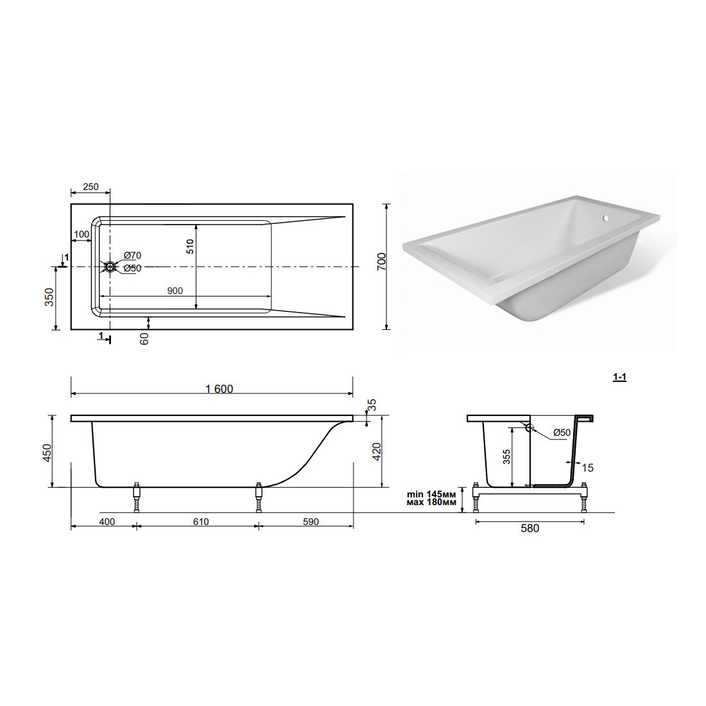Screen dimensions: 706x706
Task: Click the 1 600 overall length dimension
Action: (220, 388)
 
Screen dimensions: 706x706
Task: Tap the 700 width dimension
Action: (381, 262)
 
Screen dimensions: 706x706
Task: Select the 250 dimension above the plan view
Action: (90, 186)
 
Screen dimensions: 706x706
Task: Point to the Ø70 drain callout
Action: (132, 255)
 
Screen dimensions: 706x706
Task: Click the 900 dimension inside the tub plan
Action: (175, 291)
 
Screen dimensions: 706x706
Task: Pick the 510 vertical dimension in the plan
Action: (190, 246)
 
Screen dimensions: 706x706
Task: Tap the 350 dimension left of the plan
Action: (49, 297)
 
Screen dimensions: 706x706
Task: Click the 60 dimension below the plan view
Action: (144, 339)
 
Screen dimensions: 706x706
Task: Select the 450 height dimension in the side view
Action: (47, 453)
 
